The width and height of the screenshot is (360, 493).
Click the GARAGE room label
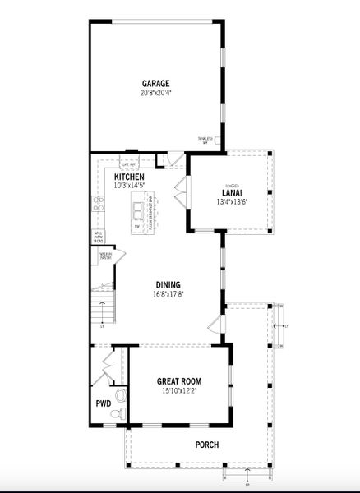click(155, 84)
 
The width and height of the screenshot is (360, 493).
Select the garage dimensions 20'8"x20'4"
click(155, 93)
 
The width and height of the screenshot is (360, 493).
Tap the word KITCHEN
click(129, 177)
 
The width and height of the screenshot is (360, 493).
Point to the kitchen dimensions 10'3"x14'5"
click(129, 186)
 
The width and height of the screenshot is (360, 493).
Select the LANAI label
click(231, 193)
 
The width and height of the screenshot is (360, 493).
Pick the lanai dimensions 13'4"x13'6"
click(232, 202)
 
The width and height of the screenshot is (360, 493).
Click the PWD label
click(104, 403)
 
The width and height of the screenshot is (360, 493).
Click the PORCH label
click(206, 445)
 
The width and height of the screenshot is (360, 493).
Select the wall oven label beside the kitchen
click(98, 237)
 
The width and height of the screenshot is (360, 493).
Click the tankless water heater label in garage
click(204, 140)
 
